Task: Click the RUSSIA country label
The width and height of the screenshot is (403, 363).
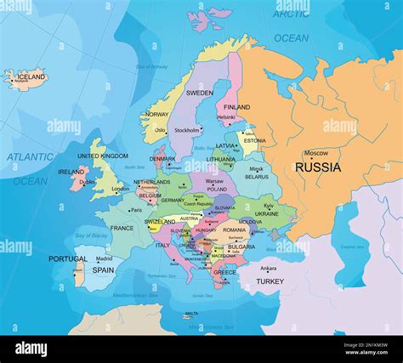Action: [x=318, y=167]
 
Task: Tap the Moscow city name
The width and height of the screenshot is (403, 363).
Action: [x=315, y=153]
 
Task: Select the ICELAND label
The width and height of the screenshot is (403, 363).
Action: [x=31, y=77]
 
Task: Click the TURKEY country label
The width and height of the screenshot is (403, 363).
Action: [x=270, y=281]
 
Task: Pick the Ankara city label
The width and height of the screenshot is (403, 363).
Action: [x=268, y=269]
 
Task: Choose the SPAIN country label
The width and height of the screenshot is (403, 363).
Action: [x=103, y=270]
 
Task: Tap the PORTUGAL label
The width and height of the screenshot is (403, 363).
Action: [x=67, y=259]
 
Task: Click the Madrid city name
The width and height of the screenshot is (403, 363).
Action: [x=104, y=258]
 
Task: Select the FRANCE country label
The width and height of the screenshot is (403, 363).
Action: [x=122, y=228]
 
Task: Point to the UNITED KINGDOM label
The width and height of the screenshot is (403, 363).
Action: [x=103, y=156]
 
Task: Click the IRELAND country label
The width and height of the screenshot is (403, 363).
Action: [x=71, y=172]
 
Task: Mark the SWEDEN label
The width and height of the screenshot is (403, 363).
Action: [x=199, y=93]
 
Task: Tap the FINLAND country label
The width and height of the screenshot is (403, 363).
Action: [x=236, y=107]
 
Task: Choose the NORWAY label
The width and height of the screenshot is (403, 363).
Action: [x=156, y=114]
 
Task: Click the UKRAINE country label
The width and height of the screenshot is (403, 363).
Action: [x=267, y=214]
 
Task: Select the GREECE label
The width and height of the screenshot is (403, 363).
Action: [x=224, y=273]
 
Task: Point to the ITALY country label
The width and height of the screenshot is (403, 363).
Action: [x=162, y=245]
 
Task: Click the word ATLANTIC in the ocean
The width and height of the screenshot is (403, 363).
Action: [x=31, y=156]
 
